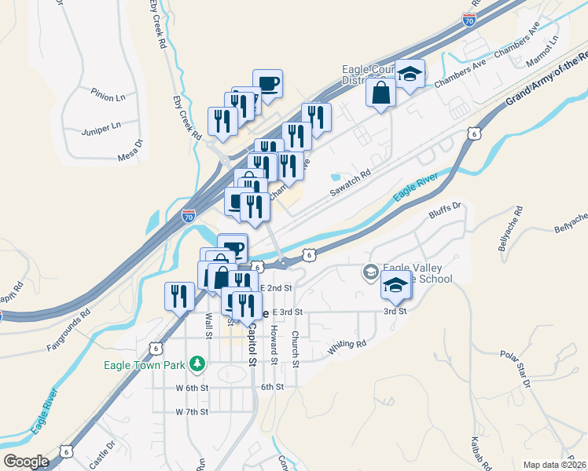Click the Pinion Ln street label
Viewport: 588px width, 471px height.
108,97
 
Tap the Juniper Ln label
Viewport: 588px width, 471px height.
105,125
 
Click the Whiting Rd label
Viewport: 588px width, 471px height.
347,345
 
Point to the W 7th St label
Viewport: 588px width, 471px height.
191,411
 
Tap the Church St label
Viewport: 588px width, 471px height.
296,349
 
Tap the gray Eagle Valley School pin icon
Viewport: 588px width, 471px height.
369,272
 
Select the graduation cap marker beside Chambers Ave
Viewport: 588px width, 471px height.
409,75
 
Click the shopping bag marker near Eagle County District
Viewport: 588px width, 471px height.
381,93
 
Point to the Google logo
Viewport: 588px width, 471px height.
26,462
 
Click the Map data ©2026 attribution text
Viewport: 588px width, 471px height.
555,465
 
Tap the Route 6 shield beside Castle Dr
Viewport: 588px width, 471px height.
68,451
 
